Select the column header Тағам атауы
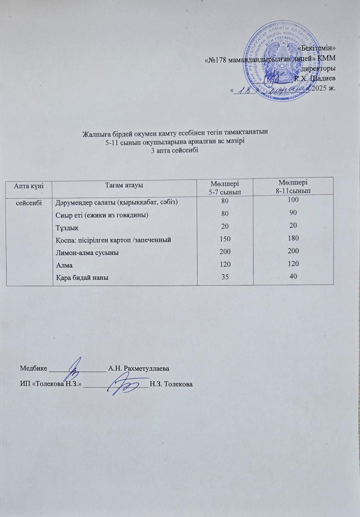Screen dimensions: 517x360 124,185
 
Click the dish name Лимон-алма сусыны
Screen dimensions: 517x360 87,253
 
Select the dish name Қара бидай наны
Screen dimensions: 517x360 82,278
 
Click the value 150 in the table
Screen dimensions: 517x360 225,239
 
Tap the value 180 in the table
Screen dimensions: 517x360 293,238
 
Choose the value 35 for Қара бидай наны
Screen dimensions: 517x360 225,277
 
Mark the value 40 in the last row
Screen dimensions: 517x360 293,276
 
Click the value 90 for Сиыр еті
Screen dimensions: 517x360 293,213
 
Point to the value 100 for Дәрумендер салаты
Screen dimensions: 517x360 293,200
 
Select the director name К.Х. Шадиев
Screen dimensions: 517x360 315,78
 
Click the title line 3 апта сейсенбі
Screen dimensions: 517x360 175,150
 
